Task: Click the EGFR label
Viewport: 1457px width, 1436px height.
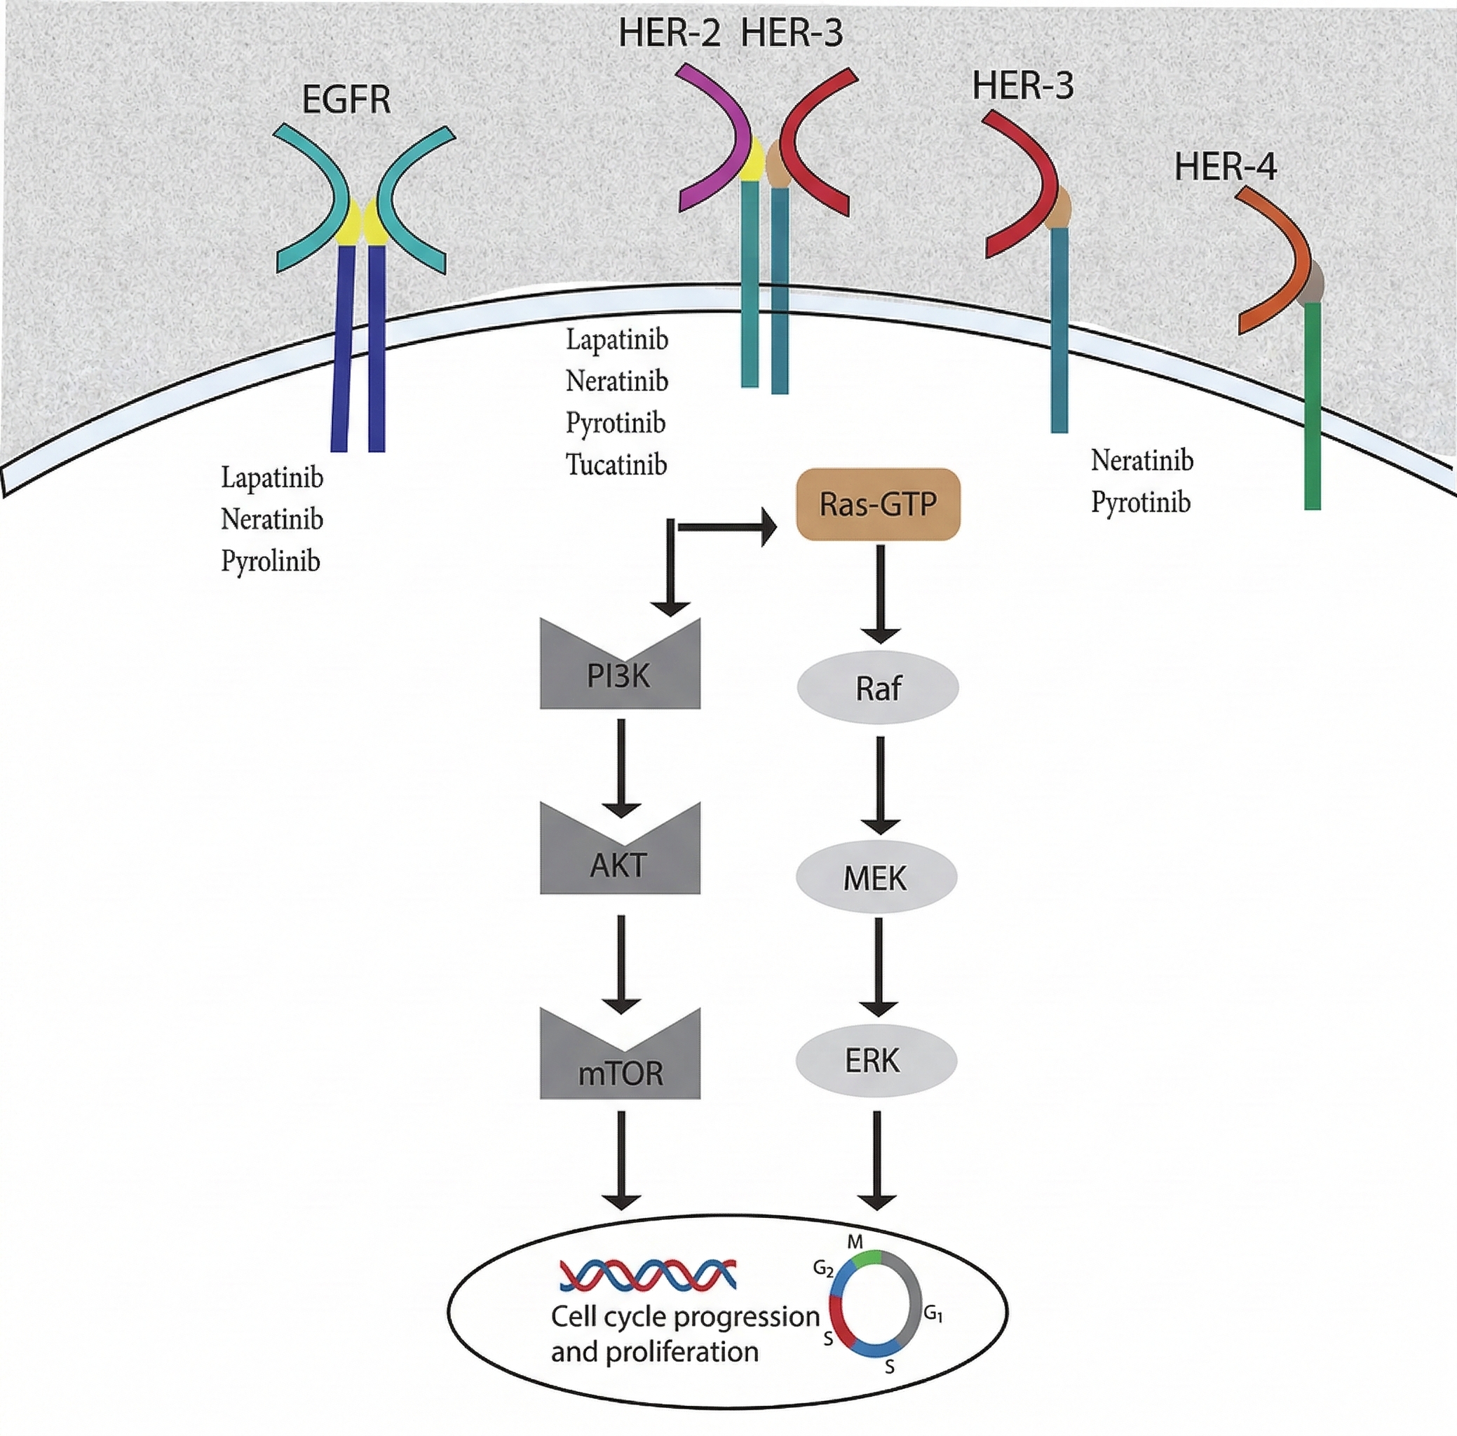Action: [346, 100]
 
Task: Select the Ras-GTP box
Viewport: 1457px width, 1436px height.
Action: [878, 504]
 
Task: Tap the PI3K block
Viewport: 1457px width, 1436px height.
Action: [620, 674]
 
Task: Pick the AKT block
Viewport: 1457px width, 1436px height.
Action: [620, 862]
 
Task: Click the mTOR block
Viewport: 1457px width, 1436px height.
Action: [620, 1070]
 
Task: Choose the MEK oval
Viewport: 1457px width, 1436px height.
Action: [876, 877]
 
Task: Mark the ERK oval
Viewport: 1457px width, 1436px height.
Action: [875, 1060]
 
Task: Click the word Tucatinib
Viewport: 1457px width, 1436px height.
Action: [616, 465]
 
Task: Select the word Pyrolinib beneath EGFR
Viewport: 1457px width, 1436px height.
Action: [270, 561]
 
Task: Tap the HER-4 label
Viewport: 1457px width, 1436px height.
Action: [1225, 167]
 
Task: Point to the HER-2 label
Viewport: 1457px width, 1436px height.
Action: [669, 34]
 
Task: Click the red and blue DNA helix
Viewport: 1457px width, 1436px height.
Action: [647, 1275]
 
